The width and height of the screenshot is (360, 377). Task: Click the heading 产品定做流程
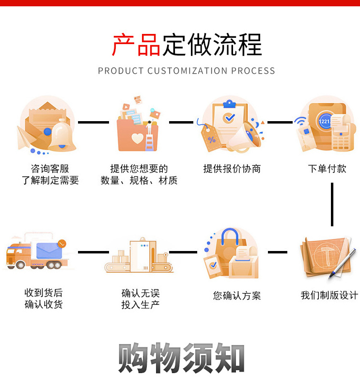click(187, 45)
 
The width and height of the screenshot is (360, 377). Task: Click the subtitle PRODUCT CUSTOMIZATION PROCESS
click(187, 71)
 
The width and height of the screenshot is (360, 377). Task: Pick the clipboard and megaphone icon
click(232, 125)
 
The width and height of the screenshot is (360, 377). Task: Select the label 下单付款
click(327, 169)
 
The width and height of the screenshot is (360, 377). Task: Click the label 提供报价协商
click(232, 169)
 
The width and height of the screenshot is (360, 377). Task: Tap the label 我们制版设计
click(329, 295)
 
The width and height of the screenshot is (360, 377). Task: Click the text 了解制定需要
click(50, 181)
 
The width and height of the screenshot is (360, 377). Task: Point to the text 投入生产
click(140, 305)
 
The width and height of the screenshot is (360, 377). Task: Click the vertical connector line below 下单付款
click(332, 204)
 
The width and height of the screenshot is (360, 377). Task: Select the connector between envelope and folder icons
click(93, 122)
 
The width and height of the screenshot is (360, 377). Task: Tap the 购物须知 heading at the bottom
click(181, 359)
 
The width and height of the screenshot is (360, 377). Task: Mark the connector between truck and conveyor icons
click(93, 252)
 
